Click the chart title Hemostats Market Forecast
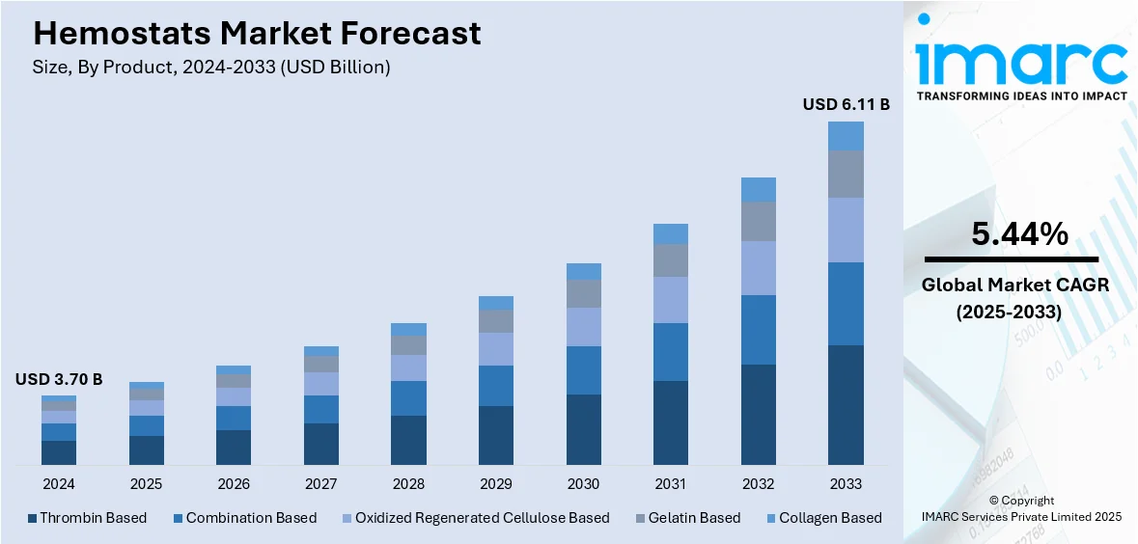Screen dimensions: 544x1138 click(x=257, y=34)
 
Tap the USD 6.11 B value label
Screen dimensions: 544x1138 click(x=846, y=104)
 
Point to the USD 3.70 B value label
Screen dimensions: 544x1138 click(x=58, y=379)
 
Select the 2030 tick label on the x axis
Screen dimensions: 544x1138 click(x=583, y=483)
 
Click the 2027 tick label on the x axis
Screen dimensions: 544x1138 click(x=321, y=483)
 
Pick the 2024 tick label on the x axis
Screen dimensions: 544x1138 click(x=59, y=483)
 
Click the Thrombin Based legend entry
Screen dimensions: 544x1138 click(x=87, y=518)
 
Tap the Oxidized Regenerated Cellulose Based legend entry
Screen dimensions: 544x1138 click(x=474, y=518)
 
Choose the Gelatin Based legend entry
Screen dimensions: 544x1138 click(x=686, y=518)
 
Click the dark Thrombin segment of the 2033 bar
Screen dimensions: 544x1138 click(x=846, y=405)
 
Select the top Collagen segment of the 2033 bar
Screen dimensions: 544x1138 click(x=846, y=136)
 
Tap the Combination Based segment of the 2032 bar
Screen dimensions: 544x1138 click(x=759, y=330)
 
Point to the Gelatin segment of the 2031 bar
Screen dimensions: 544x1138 click(x=671, y=260)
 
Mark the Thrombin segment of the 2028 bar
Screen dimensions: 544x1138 click(x=408, y=441)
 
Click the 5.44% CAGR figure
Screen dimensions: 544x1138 click(x=1019, y=234)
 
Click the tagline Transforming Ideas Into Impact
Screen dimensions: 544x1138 click(x=1021, y=95)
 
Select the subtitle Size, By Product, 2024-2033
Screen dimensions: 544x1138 click(x=211, y=68)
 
